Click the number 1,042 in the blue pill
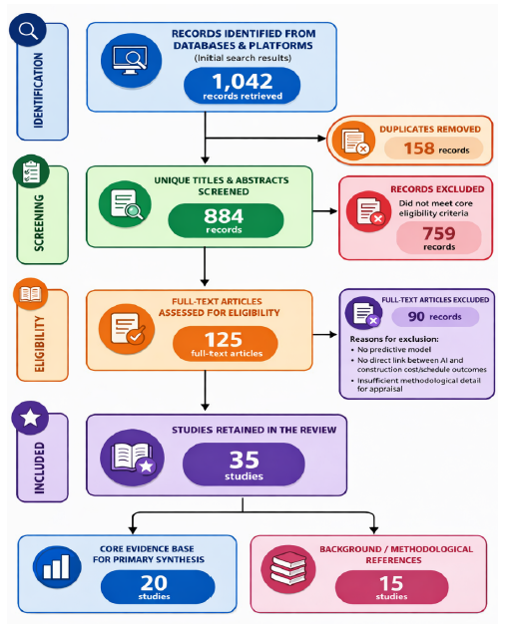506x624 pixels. (243, 81)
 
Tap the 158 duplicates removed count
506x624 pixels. (419, 149)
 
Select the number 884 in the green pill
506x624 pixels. (224, 216)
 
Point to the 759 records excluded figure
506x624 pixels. (439, 233)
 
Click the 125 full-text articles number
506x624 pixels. (224, 340)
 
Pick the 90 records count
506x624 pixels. (416, 317)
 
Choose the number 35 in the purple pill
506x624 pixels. (244, 461)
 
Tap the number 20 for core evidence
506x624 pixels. (154, 583)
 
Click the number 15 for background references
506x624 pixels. (391, 584)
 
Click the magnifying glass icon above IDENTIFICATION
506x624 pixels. (28, 30)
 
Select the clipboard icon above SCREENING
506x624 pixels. (31, 171)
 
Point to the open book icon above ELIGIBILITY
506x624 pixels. (30, 294)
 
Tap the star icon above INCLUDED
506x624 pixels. (30, 418)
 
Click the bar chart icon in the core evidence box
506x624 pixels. (57, 567)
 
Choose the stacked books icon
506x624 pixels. (288, 569)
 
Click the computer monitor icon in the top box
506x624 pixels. (131, 61)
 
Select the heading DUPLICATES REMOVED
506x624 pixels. (430, 130)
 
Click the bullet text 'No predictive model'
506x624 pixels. (394, 350)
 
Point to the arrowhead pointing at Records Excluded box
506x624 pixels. (333, 211)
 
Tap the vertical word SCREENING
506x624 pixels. (39, 222)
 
